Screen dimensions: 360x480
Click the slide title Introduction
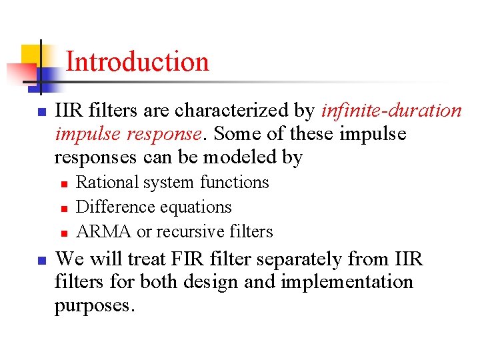point(137,62)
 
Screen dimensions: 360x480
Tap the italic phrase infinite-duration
point(391,111)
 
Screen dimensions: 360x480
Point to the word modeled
point(243,157)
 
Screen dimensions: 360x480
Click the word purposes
point(95,306)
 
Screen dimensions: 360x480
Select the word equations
point(198,207)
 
